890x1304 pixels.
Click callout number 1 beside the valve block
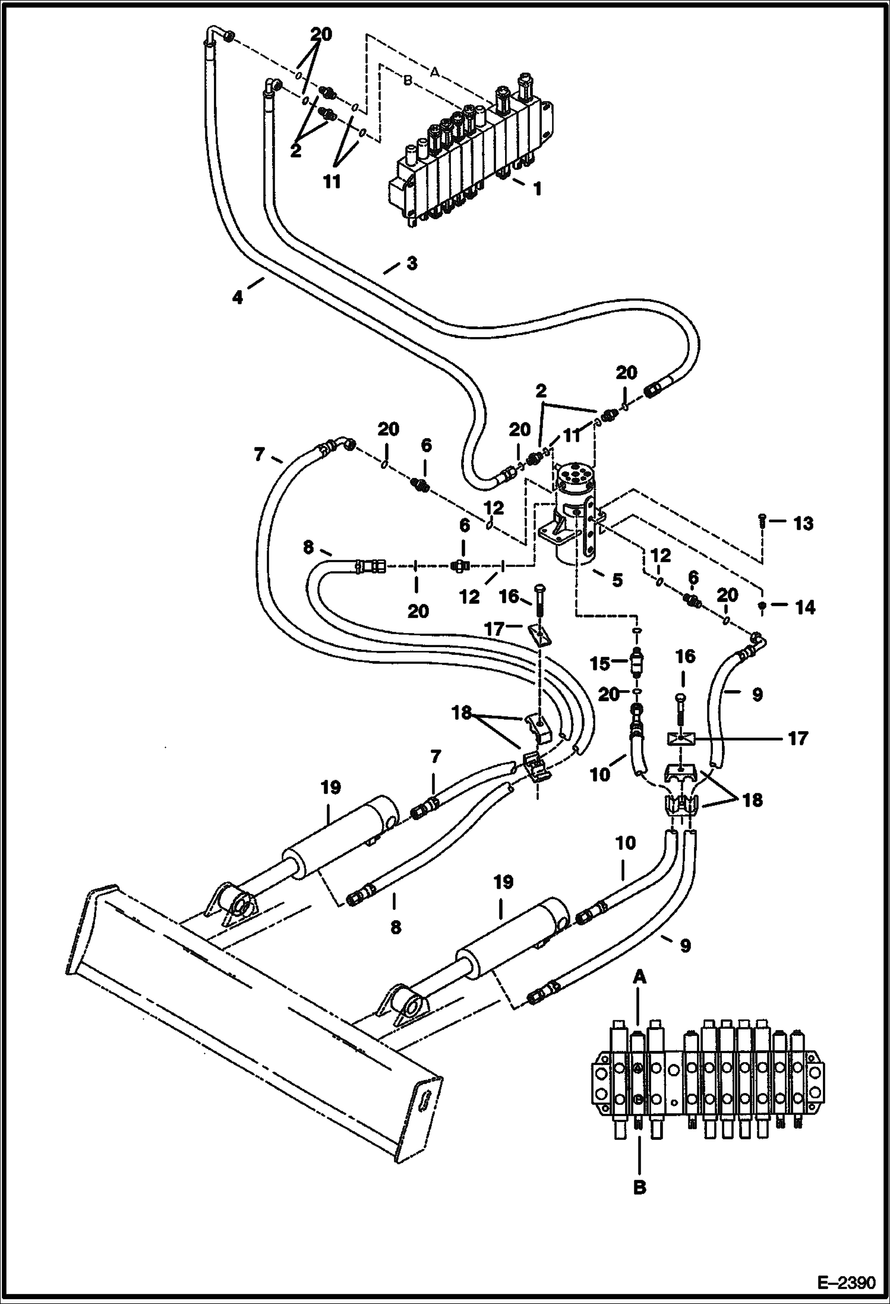537,190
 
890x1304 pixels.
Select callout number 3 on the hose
411,263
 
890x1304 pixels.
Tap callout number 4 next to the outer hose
238,297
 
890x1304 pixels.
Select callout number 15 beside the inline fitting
601,663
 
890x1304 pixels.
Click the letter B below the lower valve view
639,1188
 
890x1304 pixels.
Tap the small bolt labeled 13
762,522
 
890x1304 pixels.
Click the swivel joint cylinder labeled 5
575,511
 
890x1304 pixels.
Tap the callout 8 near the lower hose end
396,926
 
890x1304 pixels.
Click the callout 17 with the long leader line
798,739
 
